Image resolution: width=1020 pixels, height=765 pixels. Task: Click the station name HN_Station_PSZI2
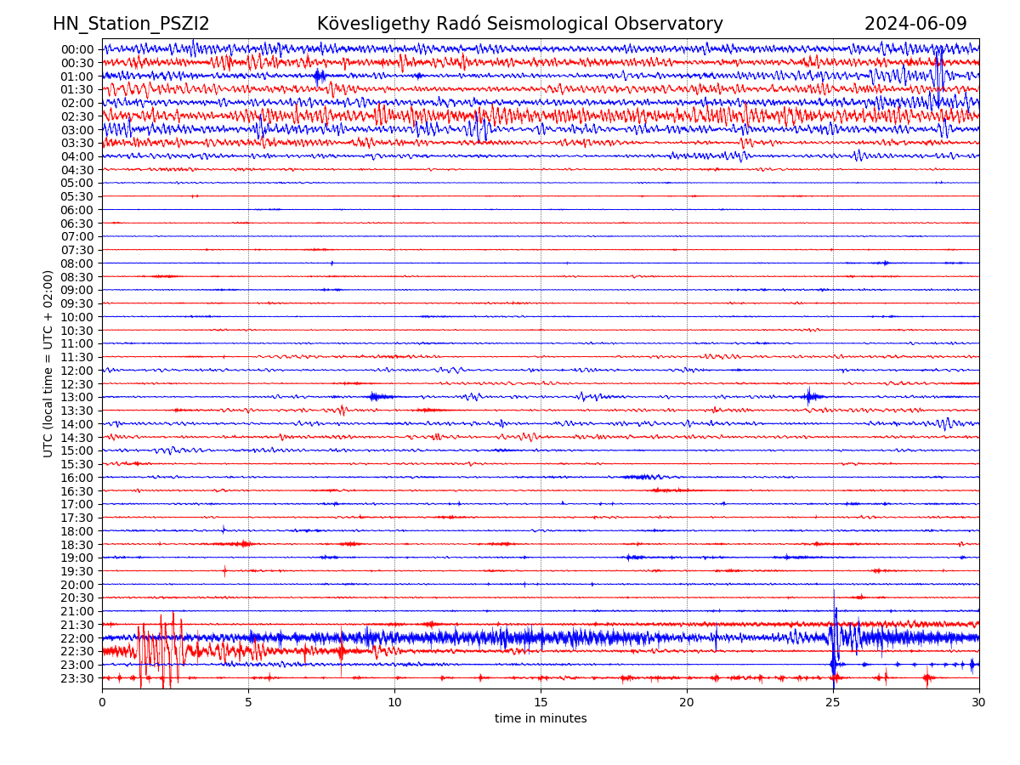coord(131,25)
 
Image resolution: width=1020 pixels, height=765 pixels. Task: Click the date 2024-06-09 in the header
coord(915,25)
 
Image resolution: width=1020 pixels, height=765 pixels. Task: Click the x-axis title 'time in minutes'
coord(541,719)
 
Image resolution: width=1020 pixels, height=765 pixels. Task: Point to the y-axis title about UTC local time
coord(48,364)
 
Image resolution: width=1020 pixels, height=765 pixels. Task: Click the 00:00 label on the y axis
coord(77,49)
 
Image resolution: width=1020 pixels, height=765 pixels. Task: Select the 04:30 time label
coord(77,170)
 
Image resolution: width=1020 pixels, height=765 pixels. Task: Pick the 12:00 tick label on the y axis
coord(77,371)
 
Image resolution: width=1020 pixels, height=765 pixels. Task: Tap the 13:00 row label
coord(77,397)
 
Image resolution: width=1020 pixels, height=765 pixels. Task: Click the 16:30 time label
coord(77,491)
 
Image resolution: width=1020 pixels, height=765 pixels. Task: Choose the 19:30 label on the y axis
coord(77,571)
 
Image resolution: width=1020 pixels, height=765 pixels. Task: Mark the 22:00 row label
coord(77,638)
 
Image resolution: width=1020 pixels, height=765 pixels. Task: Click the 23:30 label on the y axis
coord(77,678)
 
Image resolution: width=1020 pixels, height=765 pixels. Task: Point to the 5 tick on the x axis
coord(248,703)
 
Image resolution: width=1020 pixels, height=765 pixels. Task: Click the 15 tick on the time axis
coord(541,703)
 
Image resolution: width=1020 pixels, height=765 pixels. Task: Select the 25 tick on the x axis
coord(833,703)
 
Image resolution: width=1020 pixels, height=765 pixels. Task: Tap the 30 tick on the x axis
coord(979,703)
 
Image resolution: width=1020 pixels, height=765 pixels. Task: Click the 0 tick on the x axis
coord(102,703)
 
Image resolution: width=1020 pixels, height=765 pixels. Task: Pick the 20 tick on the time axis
coord(687,703)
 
